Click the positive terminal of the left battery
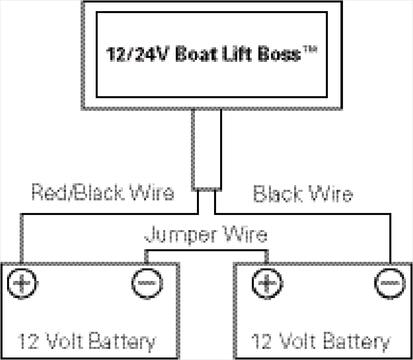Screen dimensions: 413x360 tap(22, 283)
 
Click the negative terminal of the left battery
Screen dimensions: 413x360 tap(147, 283)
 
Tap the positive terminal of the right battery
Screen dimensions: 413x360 tap(267, 283)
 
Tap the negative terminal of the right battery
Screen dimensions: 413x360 tap(390, 283)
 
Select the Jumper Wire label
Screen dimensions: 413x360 tap(206, 235)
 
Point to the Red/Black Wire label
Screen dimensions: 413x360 tap(103, 192)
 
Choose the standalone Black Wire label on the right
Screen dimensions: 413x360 tap(303, 193)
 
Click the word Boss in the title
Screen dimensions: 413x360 tap(279, 54)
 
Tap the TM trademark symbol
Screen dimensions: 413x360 tap(309, 49)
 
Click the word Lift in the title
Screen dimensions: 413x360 tap(237, 54)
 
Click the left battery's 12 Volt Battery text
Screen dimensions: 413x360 tap(87, 341)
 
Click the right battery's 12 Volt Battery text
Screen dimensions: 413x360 tap(321, 341)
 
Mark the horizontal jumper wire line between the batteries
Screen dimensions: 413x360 tap(206, 250)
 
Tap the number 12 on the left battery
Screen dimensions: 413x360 tap(28, 341)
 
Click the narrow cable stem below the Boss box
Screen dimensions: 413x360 tap(207, 149)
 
